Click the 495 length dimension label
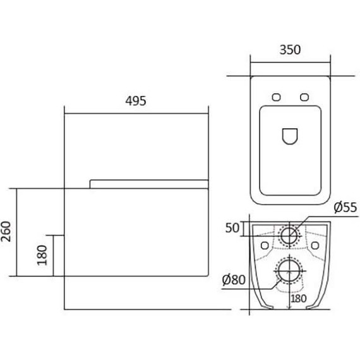click(136, 101)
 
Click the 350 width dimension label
click(290, 50)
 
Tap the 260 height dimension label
click(6, 232)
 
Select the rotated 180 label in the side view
click(42, 255)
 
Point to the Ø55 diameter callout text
click(345, 207)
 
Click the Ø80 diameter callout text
click(234, 280)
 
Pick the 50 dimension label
click(232, 228)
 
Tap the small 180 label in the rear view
click(299, 299)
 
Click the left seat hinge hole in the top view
click(276, 97)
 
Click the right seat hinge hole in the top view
click(304, 97)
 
